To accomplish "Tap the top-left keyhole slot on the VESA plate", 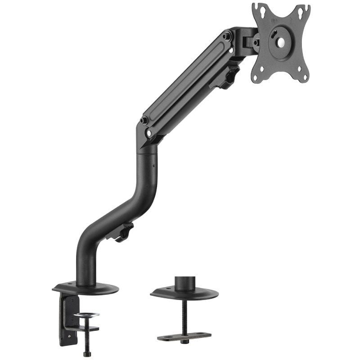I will [257, 7].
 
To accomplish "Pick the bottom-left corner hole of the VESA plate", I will [255, 77].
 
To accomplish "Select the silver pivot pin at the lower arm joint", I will [148, 134].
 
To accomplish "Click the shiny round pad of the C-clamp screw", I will [87, 315].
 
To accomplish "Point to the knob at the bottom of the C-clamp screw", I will [87, 354].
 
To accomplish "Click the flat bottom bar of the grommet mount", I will [184, 336].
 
